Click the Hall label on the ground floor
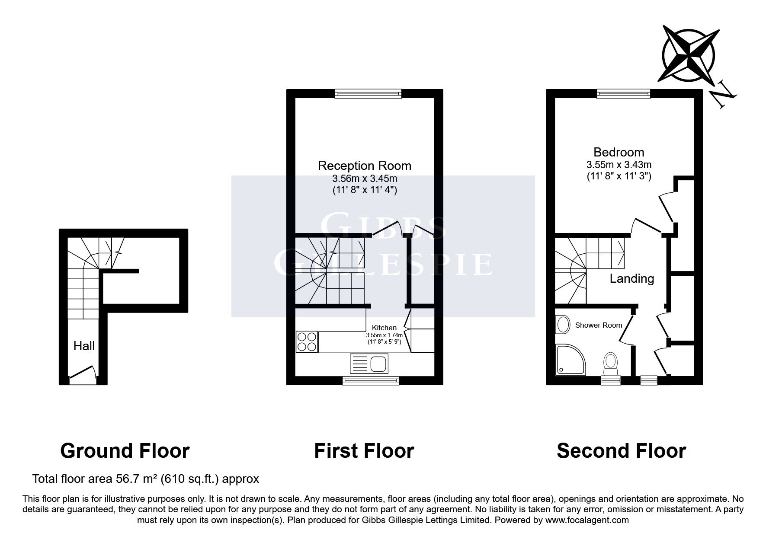[x=84, y=346]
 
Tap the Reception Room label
[x=365, y=166]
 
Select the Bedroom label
[x=619, y=152]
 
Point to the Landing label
[x=631, y=279]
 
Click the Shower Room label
[x=598, y=325]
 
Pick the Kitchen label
[x=384, y=328]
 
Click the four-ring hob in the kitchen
[x=307, y=341]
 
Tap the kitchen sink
[x=370, y=363]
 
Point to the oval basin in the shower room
[x=563, y=325]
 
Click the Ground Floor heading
[x=125, y=451]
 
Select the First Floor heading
[x=364, y=451]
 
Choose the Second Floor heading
[x=621, y=451]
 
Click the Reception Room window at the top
[x=368, y=93]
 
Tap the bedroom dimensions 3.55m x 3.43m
[x=619, y=165]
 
